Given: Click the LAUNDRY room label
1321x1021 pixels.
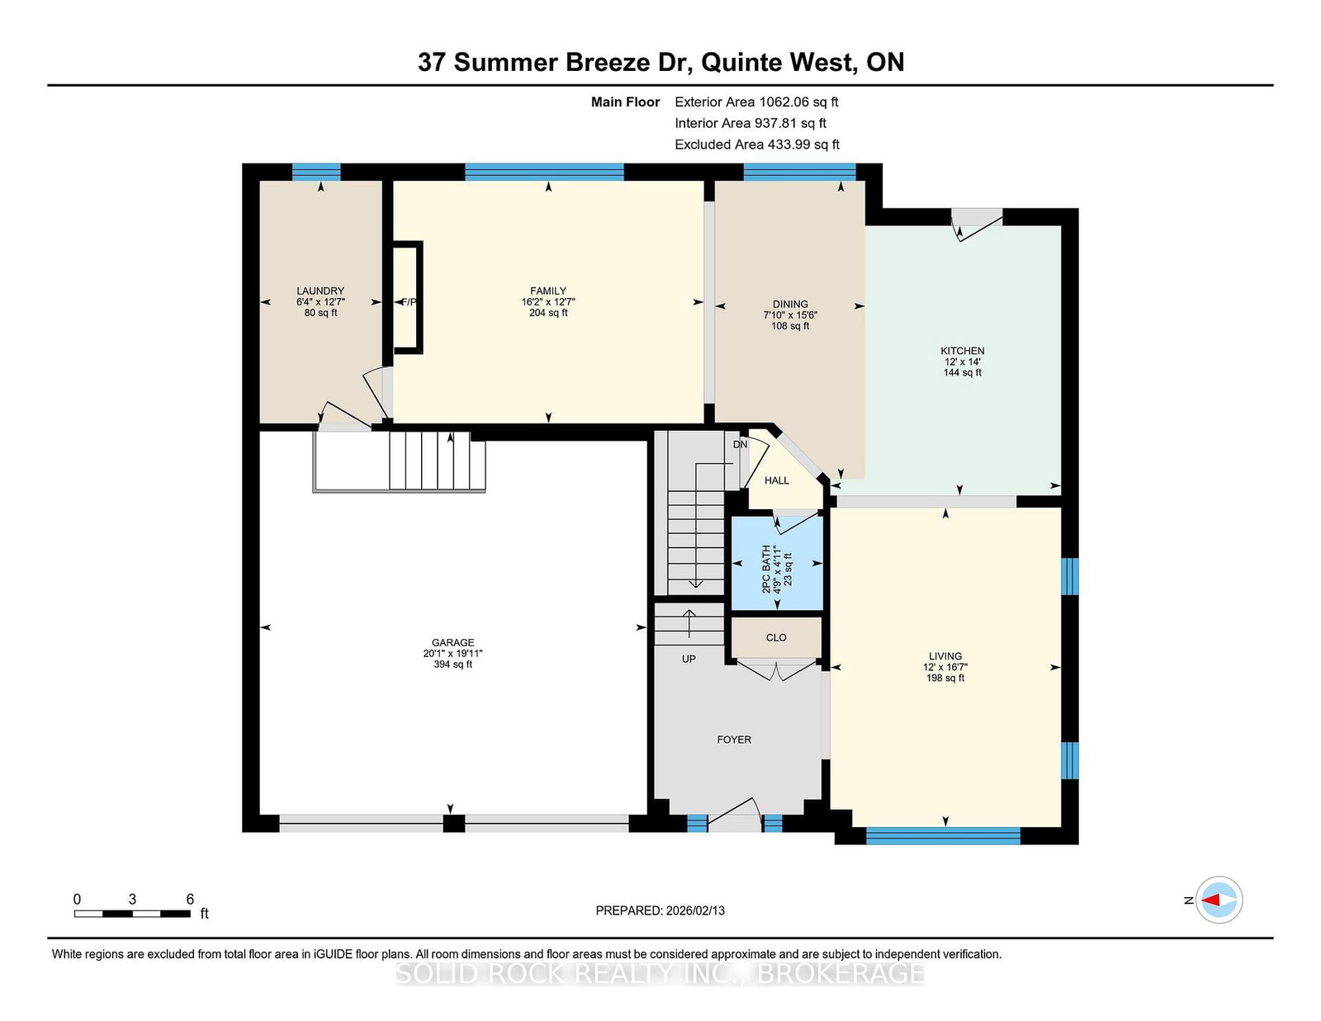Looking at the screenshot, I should coord(320,291).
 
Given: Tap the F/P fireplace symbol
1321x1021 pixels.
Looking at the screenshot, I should coord(408,301).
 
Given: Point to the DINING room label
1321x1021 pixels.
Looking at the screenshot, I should coord(790,304).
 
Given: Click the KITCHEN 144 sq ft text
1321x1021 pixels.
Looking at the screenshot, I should coord(962,372).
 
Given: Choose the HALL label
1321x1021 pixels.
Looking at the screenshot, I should coord(776,480).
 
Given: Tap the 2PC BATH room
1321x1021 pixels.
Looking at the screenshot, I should coord(777,565).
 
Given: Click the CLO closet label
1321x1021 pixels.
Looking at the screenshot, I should coord(776,637).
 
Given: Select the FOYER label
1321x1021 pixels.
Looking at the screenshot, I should coord(734,740).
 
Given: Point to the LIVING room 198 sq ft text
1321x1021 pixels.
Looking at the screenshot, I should coord(945,678).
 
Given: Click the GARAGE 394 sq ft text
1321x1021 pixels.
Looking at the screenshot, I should coord(452,664).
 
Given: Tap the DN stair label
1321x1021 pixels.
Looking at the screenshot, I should coord(740,444).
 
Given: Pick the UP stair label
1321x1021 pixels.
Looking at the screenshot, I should coord(689,659).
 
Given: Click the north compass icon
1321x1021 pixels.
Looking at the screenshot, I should coord(1219,900).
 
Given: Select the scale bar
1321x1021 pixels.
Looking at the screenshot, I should coord(132,913).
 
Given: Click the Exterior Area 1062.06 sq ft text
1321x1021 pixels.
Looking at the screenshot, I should coord(756,102).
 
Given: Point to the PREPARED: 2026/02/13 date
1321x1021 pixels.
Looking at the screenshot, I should coord(660,910).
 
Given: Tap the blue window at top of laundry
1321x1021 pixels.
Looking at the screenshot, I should coord(316,172).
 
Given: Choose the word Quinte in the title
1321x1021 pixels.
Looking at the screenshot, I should coord(742,63).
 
